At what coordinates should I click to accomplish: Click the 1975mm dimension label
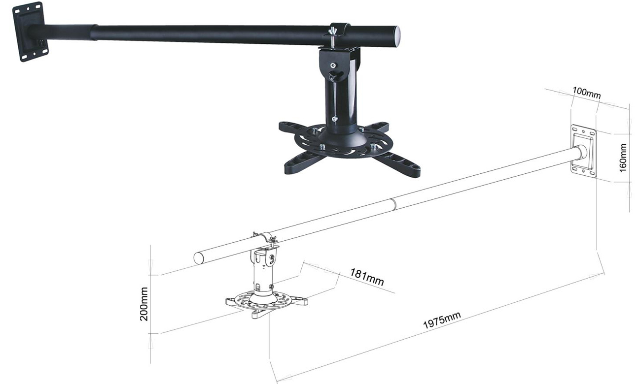[442, 319]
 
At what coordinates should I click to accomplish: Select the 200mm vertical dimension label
[144, 304]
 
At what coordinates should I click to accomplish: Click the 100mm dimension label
[586, 92]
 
